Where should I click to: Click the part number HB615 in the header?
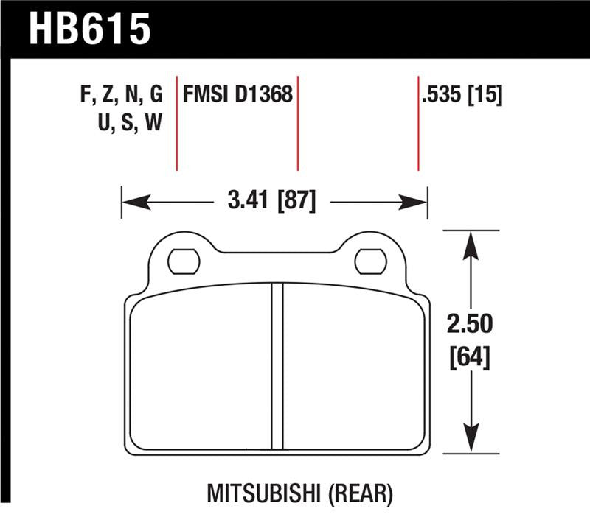(x=89, y=30)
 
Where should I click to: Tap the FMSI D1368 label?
(x=237, y=95)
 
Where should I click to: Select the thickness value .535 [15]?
(x=462, y=95)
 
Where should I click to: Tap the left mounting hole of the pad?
(x=184, y=260)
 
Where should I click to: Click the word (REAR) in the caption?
(x=361, y=491)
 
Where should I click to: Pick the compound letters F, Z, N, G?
(x=119, y=95)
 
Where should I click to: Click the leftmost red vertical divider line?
(x=177, y=122)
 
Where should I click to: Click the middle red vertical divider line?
(x=297, y=122)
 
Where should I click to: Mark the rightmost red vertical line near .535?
(x=419, y=122)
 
